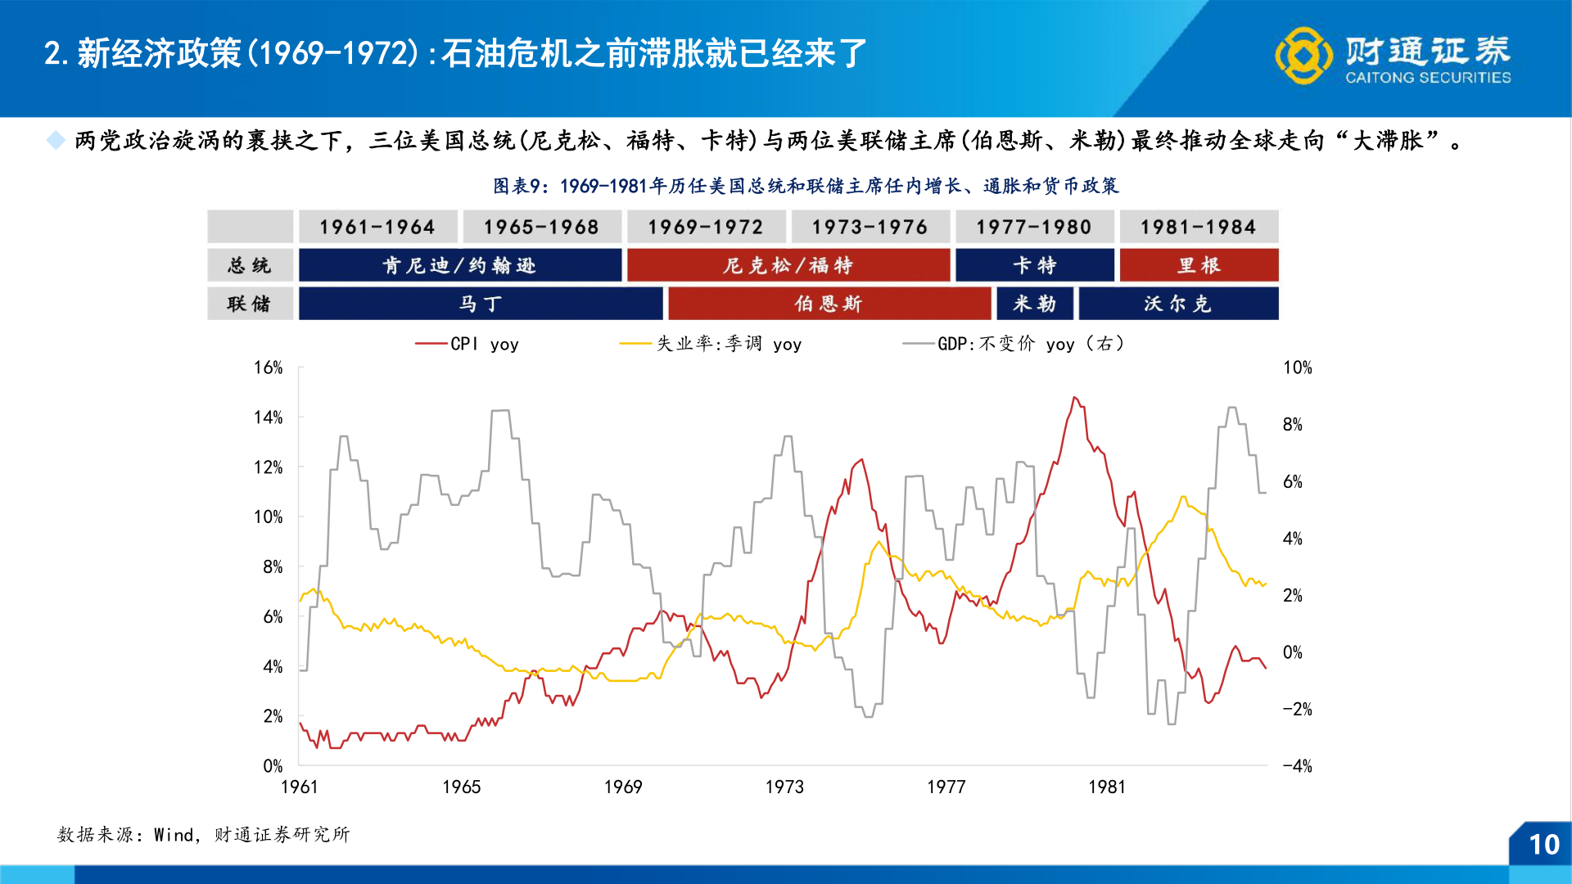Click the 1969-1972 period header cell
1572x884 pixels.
[x=706, y=227]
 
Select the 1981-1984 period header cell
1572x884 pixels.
[x=1198, y=227]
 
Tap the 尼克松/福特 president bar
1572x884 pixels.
[x=788, y=265]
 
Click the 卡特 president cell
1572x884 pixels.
[x=1034, y=265]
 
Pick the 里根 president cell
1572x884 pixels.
[x=1199, y=265]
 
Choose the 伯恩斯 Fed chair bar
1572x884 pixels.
[x=829, y=304]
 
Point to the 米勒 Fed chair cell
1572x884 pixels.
[x=1034, y=304]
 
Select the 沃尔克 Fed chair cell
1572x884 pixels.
[x=1177, y=304]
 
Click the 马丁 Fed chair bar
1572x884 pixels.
[x=480, y=304]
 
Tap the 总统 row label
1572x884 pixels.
[x=249, y=265]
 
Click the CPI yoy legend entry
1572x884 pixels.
[x=467, y=344]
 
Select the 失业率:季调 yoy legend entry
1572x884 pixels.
[x=711, y=344]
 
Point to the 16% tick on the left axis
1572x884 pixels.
[x=268, y=368]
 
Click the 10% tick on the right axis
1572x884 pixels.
[x=1297, y=368]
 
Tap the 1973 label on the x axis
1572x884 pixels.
[x=784, y=787]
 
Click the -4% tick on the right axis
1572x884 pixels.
[x=1297, y=766]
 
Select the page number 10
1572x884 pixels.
[x=1544, y=845]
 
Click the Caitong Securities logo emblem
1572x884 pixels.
[x=1303, y=56]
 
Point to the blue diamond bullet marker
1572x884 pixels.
[x=56, y=140]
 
